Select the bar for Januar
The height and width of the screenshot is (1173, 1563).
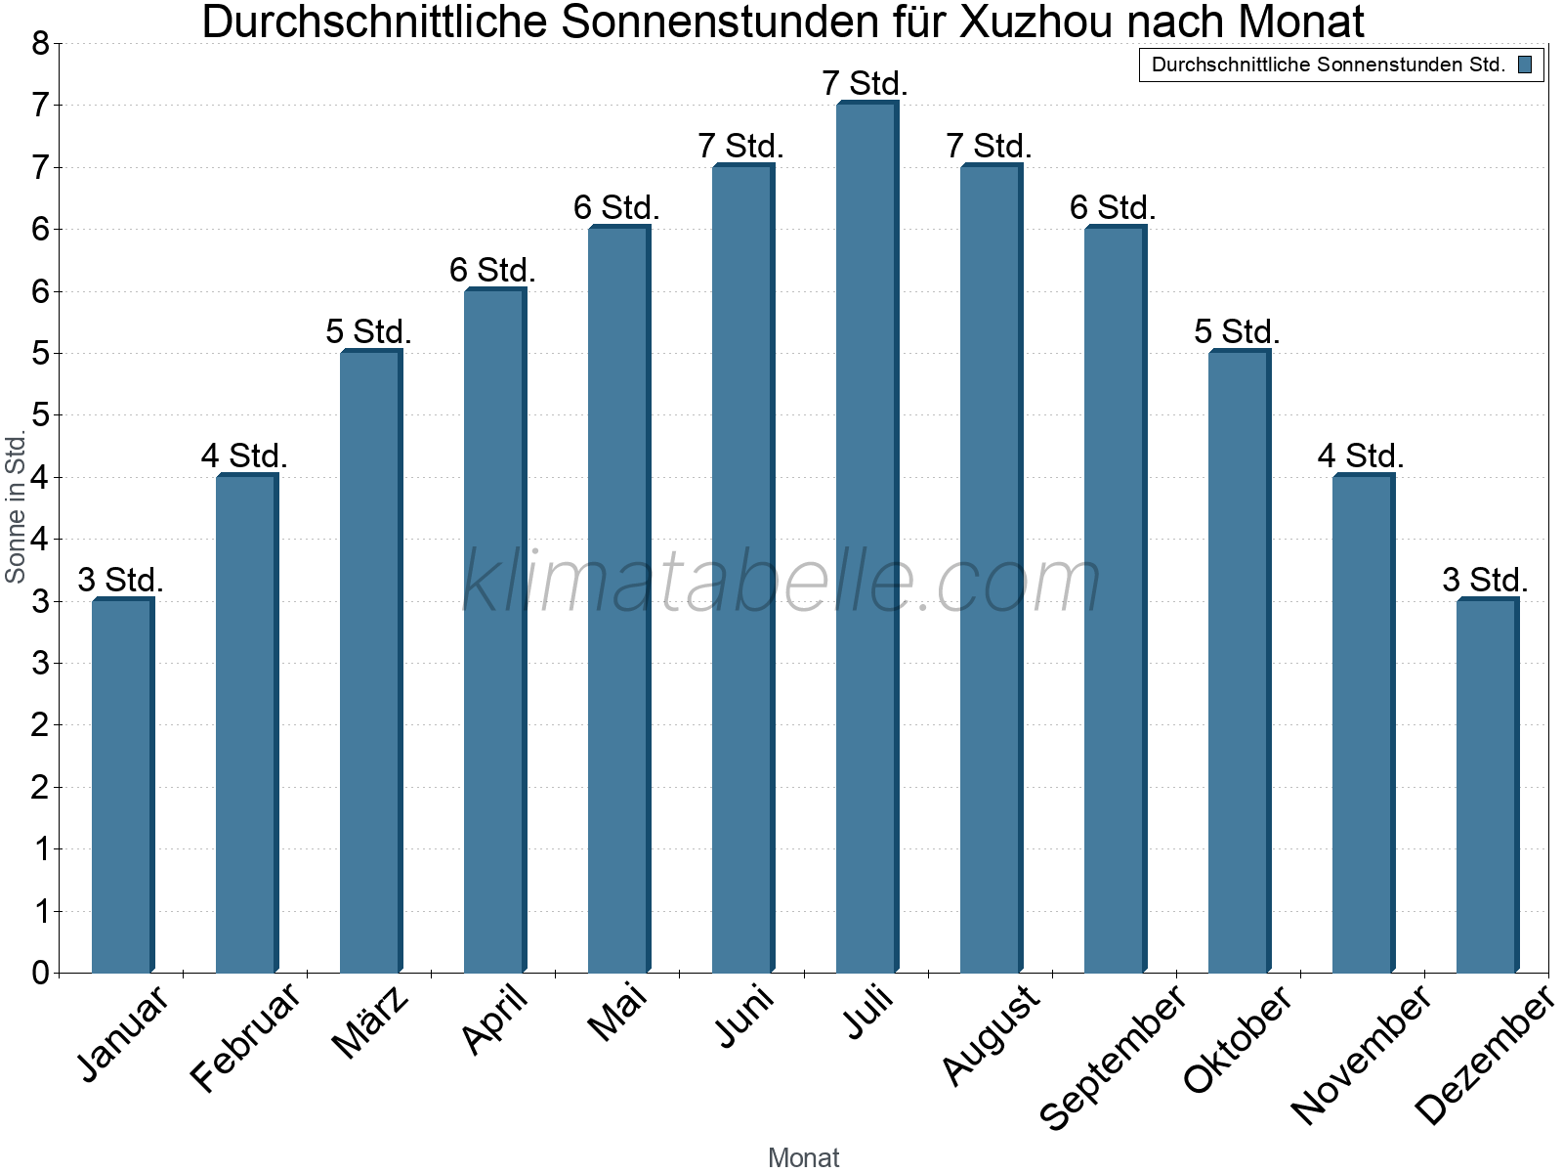tap(122, 786)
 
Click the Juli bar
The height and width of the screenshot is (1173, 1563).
tap(866, 538)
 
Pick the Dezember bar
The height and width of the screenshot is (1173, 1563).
tap(1487, 786)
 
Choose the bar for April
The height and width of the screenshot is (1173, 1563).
tap(494, 631)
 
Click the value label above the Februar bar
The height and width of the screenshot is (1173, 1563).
tap(244, 456)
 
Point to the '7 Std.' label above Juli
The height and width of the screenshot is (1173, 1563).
tap(866, 84)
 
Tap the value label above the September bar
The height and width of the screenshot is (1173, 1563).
tap(1114, 207)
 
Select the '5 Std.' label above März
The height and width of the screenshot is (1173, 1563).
tap(369, 331)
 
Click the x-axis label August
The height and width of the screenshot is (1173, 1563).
tap(991, 1034)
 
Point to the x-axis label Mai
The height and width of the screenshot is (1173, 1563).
tap(617, 1013)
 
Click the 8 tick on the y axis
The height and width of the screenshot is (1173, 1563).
tap(40, 43)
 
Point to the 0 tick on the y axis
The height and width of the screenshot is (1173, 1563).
tap(40, 973)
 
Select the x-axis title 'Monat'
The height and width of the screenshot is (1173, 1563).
tap(803, 1157)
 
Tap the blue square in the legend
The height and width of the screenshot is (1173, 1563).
tap(1525, 65)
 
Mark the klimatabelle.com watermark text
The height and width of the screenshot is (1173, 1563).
tap(781, 582)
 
